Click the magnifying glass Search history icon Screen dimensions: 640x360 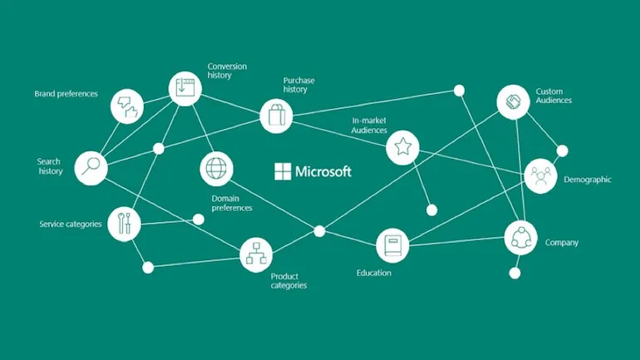click(x=91, y=168)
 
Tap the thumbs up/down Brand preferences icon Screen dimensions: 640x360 click(x=127, y=106)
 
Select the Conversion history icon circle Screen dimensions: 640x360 click(x=185, y=89)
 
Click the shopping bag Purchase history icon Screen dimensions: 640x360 click(x=276, y=116)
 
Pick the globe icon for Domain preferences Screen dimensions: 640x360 click(x=216, y=169)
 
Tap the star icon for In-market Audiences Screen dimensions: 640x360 click(x=402, y=147)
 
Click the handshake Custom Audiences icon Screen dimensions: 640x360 click(x=513, y=101)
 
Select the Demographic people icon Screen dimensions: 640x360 click(x=541, y=176)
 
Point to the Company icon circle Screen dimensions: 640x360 click(x=520, y=238)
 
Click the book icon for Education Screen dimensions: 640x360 click(x=392, y=245)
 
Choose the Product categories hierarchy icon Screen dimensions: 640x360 click(x=256, y=255)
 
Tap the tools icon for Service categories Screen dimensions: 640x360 click(x=124, y=224)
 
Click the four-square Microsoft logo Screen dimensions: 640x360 click(x=283, y=171)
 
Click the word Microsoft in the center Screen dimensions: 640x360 click(x=323, y=171)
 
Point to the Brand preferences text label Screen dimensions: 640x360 click(x=66, y=94)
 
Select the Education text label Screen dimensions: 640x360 click(x=374, y=273)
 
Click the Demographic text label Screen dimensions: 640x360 click(x=588, y=180)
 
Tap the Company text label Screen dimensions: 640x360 click(x=562, y=243)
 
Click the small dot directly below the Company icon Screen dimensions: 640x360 click(x=514, y=273)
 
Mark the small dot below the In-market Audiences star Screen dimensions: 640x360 click(x=432, y=210)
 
